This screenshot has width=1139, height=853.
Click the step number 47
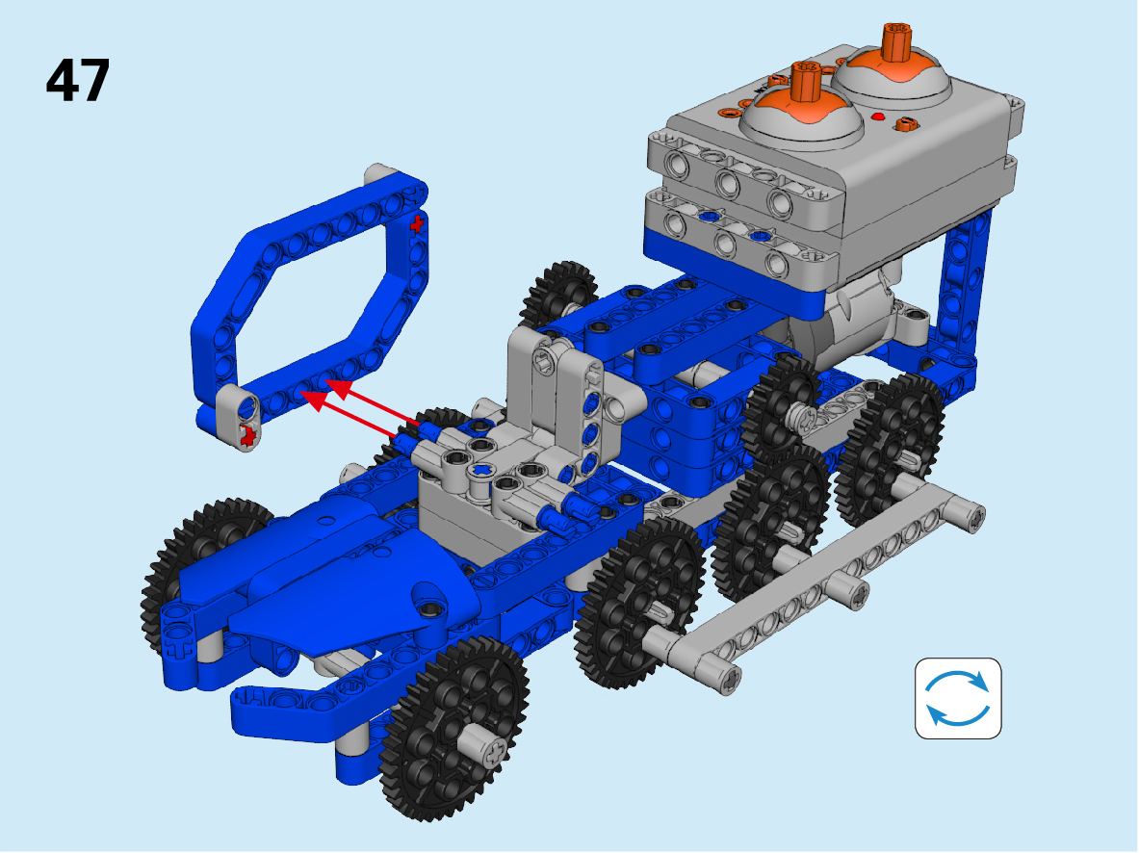(78, 80)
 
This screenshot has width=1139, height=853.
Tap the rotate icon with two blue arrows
(958, 698)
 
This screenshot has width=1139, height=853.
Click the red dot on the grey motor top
(877, 116)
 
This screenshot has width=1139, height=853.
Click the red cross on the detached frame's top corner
(417, 224)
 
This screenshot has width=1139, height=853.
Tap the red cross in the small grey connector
(248, 435)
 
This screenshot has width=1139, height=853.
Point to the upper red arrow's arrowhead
(339, 387)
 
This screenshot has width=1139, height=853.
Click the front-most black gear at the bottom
(454, 729)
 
